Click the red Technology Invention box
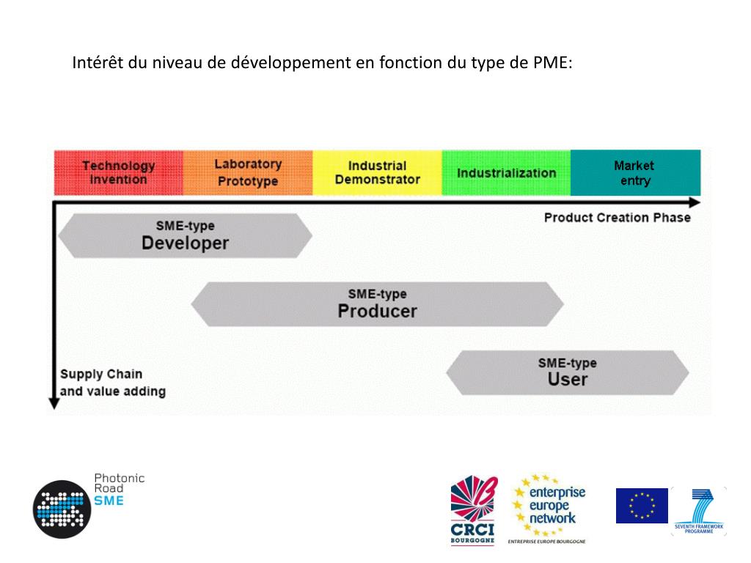pyautogui.click(x=118, y=173)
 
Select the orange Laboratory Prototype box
pyautogui.click(x=248, y=173)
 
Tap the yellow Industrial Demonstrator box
pyautogui.click(x=377, y=173)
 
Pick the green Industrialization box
pyautogui.click(x=506, y=173)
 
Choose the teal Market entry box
pyautogui.click(x=635, y=173)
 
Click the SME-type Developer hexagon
pyautogui.click(x=185, y=236)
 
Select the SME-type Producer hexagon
pyautogui.click(x=377, y=303)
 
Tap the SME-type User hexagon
pyautogui.click(x=567, y=372)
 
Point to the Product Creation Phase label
pyautogui.click(x=617, y=218)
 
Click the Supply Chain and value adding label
pyautogui.click(x=112, y=383)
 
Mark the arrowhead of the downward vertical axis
pyautogui.click(x=54, y=402)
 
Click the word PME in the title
pyautogui.click(x=552, y=63)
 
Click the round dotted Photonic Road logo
pyautogui.click(x=62, y=509)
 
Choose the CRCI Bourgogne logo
pyautogui.click(x=473, y=510)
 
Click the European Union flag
pyautogui.click(x=642, y=506)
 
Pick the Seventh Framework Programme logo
pyautogui.click(x=699, y=510)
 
